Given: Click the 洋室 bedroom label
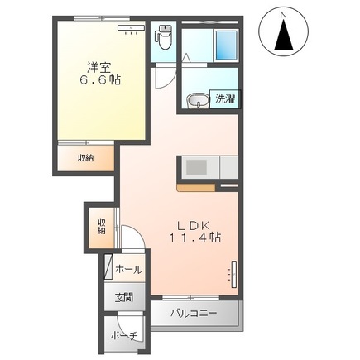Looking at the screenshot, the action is (99, 67).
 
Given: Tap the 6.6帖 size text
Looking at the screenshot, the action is (100, 80).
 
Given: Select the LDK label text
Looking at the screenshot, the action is (194, 225).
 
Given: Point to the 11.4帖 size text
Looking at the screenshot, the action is (194, 238).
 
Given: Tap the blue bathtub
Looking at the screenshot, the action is (226, 46).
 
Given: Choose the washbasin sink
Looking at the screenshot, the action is (197, 101).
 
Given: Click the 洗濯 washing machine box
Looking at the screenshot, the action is (225, 99).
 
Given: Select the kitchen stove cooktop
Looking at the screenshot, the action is (196, 167).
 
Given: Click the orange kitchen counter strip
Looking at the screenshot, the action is (196, 188).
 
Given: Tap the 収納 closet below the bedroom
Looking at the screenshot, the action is (86, 158).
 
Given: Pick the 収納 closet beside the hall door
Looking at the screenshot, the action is (101, 227).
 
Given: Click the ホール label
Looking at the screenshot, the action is (129, 270).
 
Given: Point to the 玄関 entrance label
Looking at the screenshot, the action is (124, 298).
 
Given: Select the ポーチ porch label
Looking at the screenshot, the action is (124, 336).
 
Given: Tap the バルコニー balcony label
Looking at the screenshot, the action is (194, 314).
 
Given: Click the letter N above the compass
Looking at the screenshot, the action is (283, 15).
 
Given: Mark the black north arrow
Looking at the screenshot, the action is (284, 35).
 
